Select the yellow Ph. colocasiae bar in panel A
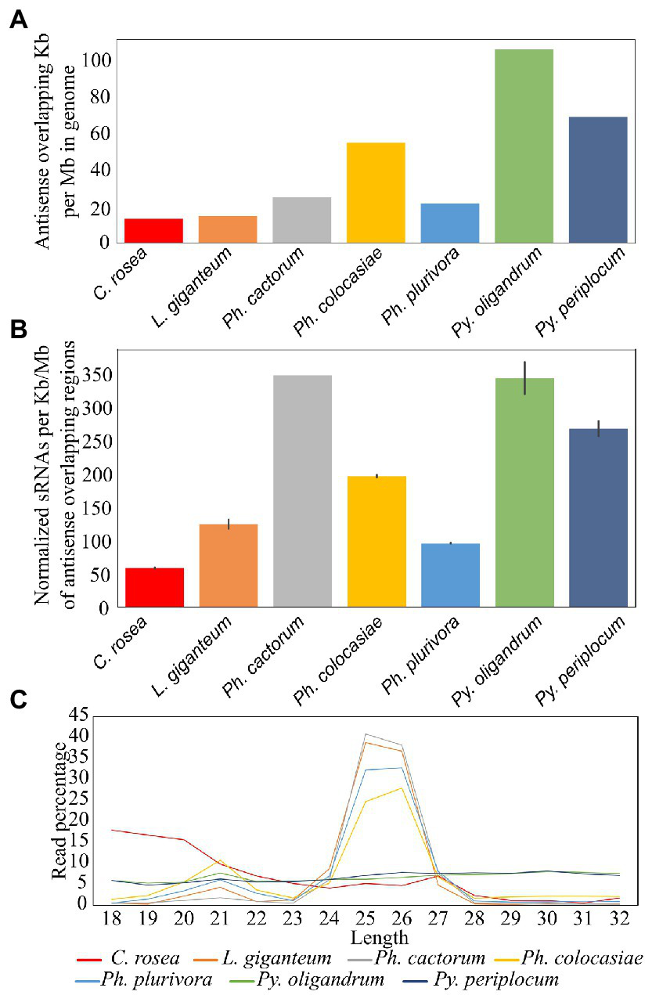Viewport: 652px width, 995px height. tap(376, 193)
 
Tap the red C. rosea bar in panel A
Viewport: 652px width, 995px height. tap(153, 230)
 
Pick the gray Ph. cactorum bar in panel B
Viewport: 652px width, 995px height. tap(302, 491)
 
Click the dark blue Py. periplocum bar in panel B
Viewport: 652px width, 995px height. tap(598, 517)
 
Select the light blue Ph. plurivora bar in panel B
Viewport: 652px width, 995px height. tap(450, 575)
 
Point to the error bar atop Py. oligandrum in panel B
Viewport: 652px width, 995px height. tap(524, 378)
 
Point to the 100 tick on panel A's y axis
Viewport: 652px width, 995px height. tap(99, 61)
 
